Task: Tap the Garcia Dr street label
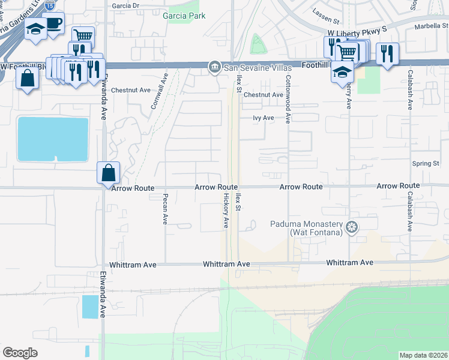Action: click(x=125, y=5)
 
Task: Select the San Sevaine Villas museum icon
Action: click(x=214, y=68)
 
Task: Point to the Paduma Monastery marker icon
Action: click(x=352, y=227)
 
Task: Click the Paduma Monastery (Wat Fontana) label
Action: click(x=316, y=228)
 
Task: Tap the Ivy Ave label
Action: click(x=264, y=118)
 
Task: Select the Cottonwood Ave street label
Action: click(x=288, y=99)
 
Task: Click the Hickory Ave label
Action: click(x=226, y=211)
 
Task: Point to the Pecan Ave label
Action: click(x=164, y=209)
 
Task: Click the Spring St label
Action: click(x=426, y=164)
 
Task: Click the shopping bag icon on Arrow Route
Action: click(x=109, y=173)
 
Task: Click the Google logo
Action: click(x=20, y=353)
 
